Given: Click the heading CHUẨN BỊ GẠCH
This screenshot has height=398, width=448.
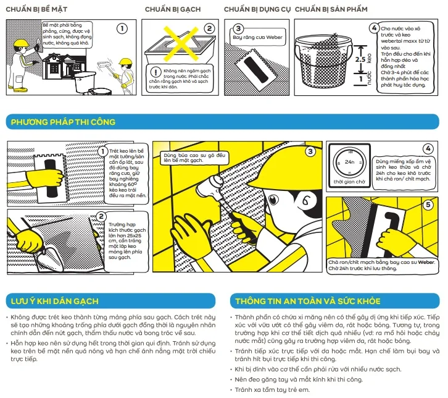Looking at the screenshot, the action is click(173, 9).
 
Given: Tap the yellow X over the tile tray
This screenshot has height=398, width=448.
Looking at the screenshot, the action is click(181, 44).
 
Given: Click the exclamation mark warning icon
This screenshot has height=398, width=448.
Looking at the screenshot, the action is click(156, 72).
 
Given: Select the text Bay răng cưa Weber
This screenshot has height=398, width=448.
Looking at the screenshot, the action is click(257, 37).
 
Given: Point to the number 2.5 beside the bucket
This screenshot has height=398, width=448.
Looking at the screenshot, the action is click(360, 59).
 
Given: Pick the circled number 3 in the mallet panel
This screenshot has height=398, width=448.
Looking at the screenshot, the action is click(310, 151).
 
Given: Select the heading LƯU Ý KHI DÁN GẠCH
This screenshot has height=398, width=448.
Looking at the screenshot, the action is click(54, 302).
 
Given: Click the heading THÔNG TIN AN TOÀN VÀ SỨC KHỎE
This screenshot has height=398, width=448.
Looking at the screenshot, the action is click(308, 302).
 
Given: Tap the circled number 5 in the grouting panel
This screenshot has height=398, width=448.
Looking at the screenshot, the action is click(428, 205).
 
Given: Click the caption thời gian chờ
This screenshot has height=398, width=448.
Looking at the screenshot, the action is click(349, 182).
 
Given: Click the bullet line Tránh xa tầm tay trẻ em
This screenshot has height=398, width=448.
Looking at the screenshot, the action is click(272, 390).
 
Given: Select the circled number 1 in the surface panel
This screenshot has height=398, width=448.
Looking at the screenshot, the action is click(122, 28).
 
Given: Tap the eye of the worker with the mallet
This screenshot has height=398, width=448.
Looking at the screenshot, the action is click(273, 200).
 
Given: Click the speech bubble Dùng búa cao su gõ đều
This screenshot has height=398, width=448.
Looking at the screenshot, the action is click(194, 158).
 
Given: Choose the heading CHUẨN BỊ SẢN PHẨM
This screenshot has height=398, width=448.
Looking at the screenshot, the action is click(331, 9).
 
